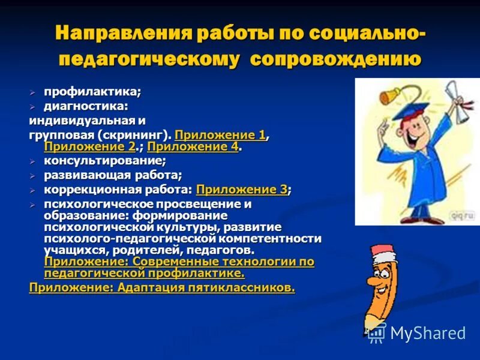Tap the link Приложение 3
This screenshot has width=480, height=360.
241,190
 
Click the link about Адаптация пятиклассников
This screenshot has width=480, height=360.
162,287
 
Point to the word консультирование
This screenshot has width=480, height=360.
104,161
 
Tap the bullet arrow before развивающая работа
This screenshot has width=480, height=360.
33,176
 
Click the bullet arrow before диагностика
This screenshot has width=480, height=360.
33,107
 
